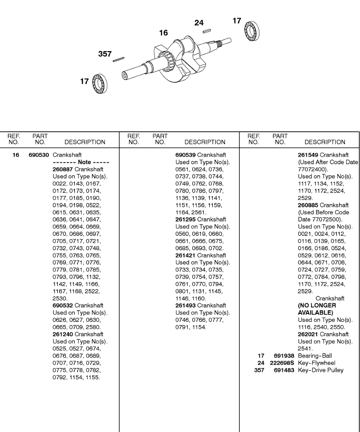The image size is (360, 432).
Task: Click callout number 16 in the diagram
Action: (x=163, y=33)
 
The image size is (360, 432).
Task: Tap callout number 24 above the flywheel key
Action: (x=199, y=23)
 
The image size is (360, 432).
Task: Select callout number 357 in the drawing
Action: (x=105, y=54)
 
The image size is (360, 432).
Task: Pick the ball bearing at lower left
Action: (x=100, y=84)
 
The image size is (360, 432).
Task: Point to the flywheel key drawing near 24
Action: (x=207, y=31)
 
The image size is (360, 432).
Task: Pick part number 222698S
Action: (x=282, y=363)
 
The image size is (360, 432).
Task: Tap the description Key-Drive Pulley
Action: (x=321, y=370)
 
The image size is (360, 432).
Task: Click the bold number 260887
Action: (x=63, y=169)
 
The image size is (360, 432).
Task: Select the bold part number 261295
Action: (x=185, y=219)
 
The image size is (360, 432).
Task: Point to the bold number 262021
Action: (x=308, y=334)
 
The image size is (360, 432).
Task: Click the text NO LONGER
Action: (x=317, y=305)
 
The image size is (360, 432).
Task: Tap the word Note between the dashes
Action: (x=84, y=162)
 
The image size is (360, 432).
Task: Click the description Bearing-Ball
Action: (x=315, y=356)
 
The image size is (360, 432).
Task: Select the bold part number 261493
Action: (x=185, y=305)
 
